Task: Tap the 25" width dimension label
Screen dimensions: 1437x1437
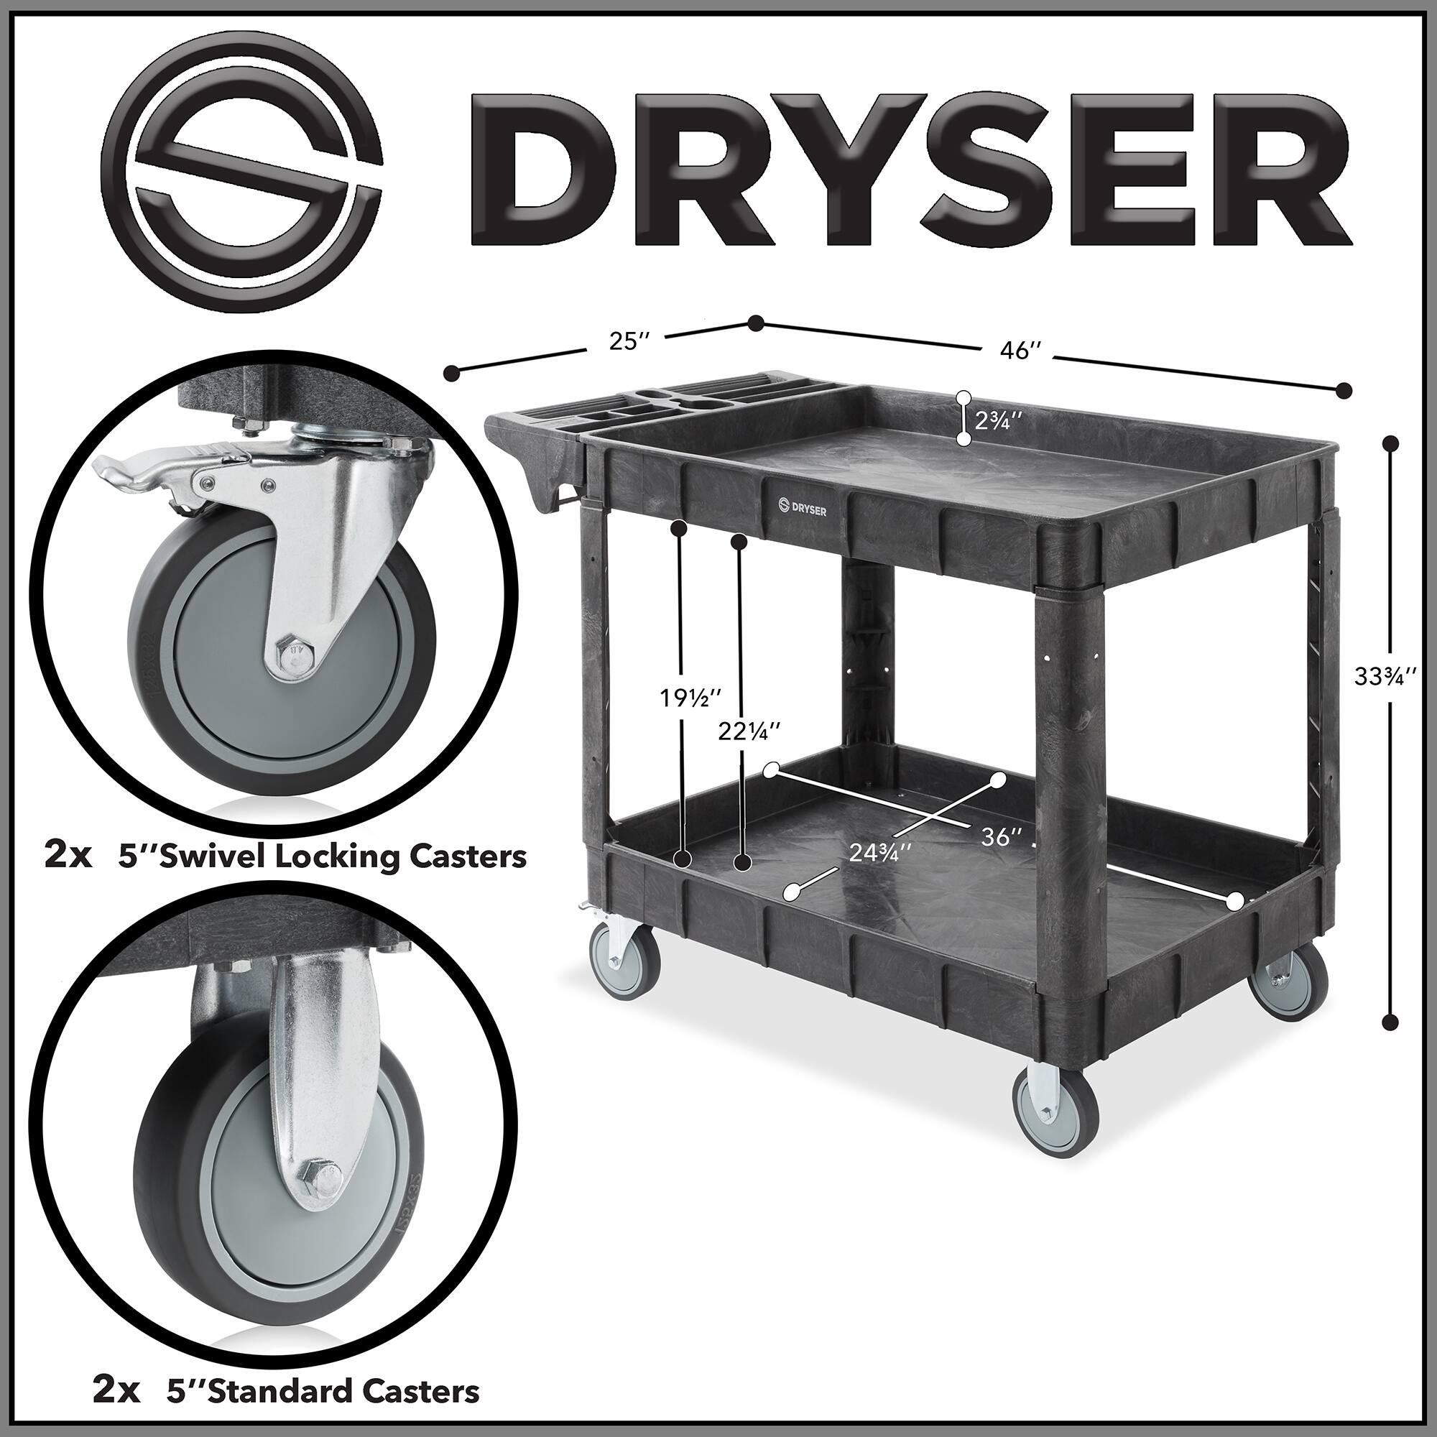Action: (629, 341)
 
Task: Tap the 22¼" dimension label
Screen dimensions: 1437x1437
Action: (749, 731)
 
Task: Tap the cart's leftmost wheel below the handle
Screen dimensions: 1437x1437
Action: (624, 964)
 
